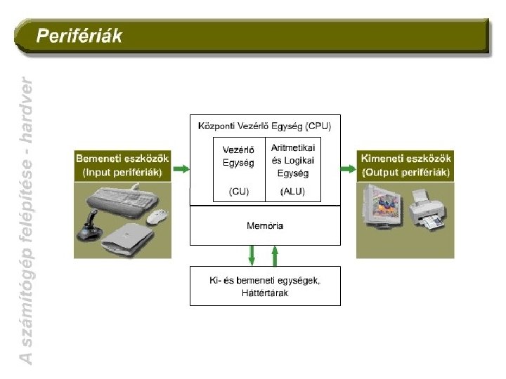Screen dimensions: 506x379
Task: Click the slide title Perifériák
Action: [x=79, y=36]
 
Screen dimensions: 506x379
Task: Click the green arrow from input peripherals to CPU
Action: [x=181, y=168]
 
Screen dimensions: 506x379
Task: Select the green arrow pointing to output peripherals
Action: [x=348, y=168]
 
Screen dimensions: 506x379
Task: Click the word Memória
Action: [x=265, y=225]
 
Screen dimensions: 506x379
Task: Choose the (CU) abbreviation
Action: [x=239, y=192]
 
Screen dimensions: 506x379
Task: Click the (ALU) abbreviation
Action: [x=292, y=192]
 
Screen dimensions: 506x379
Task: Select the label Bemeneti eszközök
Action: [x=122, y=159]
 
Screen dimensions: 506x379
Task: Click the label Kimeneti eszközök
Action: [x=406, y=159]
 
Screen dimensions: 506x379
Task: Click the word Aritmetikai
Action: [x=293, y=148]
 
